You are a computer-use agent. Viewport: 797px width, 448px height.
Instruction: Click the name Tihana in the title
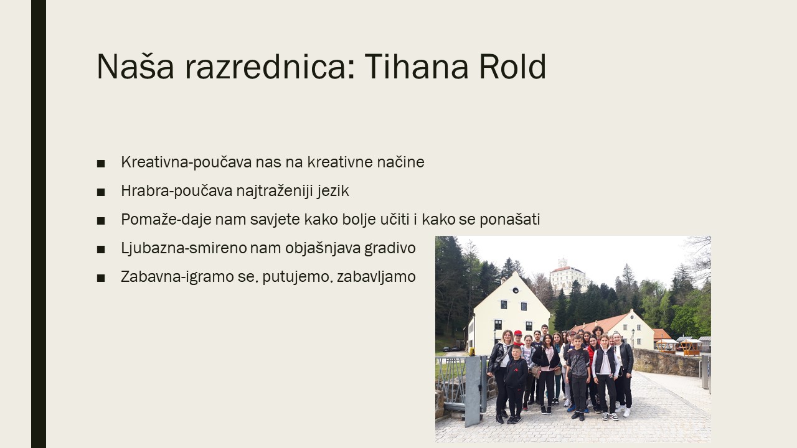416,67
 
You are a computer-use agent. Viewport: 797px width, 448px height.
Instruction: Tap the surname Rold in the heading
512,66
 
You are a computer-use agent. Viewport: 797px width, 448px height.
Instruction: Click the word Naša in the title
135,66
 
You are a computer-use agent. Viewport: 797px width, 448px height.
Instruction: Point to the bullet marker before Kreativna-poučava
101,164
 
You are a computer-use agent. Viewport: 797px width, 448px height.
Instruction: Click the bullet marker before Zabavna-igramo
101,278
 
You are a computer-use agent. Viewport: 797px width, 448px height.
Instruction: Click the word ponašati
510,220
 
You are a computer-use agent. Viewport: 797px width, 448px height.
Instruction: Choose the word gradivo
390,248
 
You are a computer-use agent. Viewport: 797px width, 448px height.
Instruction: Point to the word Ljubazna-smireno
184,248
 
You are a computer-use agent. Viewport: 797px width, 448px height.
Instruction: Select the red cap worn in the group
517,333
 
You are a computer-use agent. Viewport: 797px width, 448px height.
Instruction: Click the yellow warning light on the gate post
472,352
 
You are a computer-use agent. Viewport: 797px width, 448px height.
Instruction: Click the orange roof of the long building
602,322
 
